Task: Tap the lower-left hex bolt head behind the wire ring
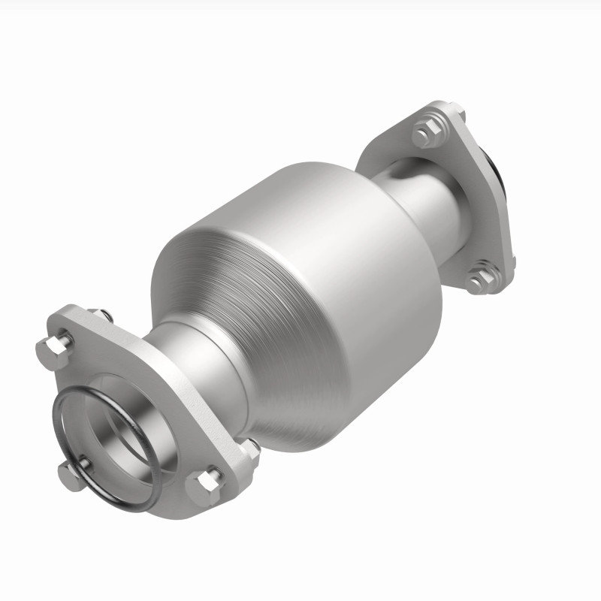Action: tap(71, 475)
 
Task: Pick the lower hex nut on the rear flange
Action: tap(479, 279)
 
